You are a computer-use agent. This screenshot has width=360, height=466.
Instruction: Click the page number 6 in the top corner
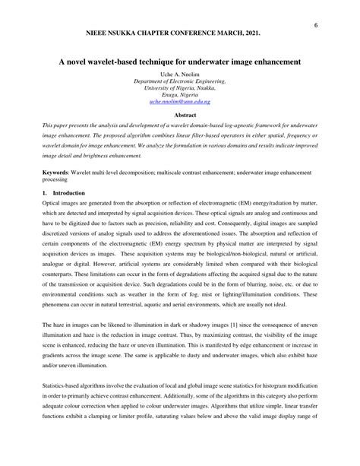coord(314,24)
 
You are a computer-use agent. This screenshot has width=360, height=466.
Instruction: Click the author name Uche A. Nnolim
coord(180,72)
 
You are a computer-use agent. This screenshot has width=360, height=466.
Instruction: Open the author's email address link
coord(180,101)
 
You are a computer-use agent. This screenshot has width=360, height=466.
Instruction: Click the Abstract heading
coord(180,115)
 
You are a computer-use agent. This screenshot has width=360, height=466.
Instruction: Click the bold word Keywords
coord(57,174)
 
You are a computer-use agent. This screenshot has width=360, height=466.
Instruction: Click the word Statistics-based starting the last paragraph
coord(66,388)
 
